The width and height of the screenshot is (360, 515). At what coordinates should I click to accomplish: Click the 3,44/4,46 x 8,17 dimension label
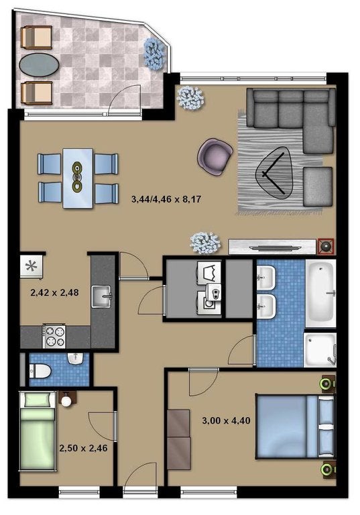tap(166, 199)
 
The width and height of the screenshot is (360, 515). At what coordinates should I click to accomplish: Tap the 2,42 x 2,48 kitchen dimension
tap(54, 292)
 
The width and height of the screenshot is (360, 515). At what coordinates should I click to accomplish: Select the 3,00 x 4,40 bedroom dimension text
tap(226, 420)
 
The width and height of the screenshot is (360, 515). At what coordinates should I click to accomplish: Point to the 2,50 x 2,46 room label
tap(83, 448)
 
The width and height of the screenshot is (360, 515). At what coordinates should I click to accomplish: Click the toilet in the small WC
tap(40, 371)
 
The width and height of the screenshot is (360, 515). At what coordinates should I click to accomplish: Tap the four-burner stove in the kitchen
tap(54, 336)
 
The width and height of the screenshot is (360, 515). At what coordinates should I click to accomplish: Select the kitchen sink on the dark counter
tap(101, 296)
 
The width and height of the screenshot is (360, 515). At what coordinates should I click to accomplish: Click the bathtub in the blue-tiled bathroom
tap(320, 293)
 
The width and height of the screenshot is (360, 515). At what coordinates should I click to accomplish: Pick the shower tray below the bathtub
tap(320, 350)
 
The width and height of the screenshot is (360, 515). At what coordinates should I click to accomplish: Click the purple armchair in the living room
tap(215, 155)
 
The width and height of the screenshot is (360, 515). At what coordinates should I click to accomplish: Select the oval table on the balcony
tap(39, 65)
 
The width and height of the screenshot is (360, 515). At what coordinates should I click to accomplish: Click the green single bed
tap(38, 432)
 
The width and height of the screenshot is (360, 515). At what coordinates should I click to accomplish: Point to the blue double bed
tap(295, 426)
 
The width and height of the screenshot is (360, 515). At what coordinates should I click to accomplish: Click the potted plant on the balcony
tap(154, 53)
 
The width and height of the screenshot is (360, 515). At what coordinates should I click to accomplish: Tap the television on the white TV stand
tap(275, 247)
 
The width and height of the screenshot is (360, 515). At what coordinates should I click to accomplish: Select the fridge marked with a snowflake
tap(32, 266)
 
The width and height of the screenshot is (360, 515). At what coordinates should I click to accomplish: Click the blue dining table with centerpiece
tap(78, 178)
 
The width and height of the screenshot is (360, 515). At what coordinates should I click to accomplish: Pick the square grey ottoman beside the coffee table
tap(318, 186)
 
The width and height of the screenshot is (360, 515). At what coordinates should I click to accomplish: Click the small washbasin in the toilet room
tap(76, 358)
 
